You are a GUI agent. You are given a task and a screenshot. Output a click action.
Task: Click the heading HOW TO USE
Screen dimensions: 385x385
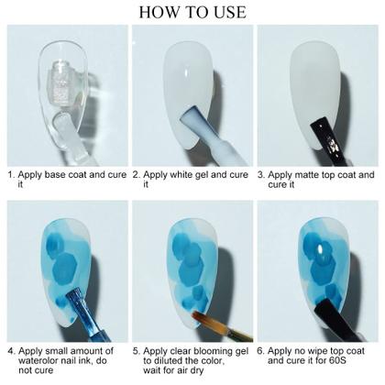(x=192, y=12)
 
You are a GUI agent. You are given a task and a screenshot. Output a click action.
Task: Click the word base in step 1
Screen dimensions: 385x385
(x=55, y=175)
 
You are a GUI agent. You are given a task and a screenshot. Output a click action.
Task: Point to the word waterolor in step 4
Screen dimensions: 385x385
(x=38, y=360)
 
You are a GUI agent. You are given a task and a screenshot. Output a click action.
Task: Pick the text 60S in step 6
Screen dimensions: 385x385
(x=337, y=360)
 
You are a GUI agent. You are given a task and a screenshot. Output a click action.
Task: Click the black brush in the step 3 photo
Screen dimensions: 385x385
(x=329, y=139)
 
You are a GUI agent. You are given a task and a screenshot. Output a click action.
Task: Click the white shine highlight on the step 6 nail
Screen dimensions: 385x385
(x=321, y=250)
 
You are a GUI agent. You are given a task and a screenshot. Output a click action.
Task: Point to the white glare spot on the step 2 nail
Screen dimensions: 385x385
(x=185, y=73)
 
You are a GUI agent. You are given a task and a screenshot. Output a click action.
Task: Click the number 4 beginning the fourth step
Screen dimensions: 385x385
(x=11, y=351)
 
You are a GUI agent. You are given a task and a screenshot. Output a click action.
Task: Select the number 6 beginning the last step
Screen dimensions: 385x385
(x=260, y=351)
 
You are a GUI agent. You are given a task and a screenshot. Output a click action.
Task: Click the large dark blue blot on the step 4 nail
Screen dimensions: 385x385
(x=64, y=269)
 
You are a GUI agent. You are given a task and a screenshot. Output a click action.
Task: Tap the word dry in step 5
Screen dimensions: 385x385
(x=197, y=371)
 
